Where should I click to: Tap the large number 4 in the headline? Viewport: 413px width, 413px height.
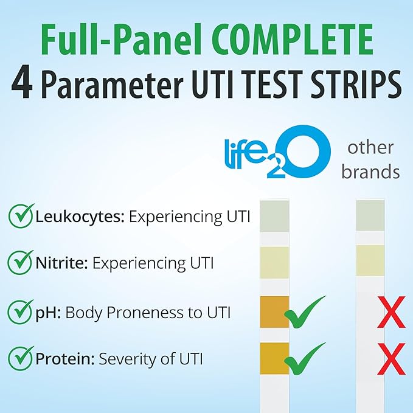pos(22,82)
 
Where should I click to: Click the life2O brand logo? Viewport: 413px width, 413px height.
pos(277,152)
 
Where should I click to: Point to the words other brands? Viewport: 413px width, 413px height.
pos(370,160)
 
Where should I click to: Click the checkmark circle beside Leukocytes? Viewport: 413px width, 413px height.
pos(21,216)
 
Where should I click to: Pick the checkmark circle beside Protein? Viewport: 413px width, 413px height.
pos(21,358)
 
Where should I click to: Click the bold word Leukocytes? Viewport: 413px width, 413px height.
pos(80,217)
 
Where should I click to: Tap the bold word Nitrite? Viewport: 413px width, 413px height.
pos(61,263)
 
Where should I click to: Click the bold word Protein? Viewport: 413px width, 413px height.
pos(65,359)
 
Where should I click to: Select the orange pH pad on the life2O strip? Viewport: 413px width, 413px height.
pos(274,312)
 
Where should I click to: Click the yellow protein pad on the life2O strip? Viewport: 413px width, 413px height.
pos(274,358)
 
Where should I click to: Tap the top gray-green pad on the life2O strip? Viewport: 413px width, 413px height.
pos(274,216)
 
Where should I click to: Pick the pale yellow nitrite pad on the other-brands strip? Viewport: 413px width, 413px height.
pos(370,261)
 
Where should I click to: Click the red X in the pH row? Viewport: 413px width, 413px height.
pos(391,312)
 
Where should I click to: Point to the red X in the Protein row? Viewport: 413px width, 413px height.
pos(391,359)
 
